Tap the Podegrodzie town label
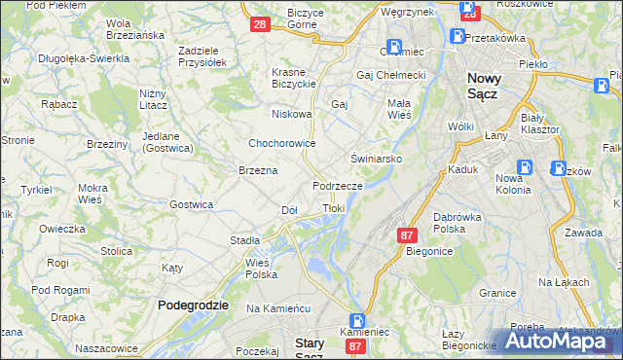(193, 305)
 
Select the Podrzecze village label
(338, 185)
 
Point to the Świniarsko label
(377, 157)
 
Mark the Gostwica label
(191, 204)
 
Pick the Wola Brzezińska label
(134, 29)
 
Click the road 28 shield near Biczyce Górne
(259, 24)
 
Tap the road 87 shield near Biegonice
(408, 234)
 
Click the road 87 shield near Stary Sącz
(355, 346)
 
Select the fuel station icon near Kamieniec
(358, 320)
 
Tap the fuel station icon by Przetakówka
(457, 37)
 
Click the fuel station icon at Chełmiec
(394, 46)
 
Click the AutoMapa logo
(563, 341)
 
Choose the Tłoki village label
(333, 208)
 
